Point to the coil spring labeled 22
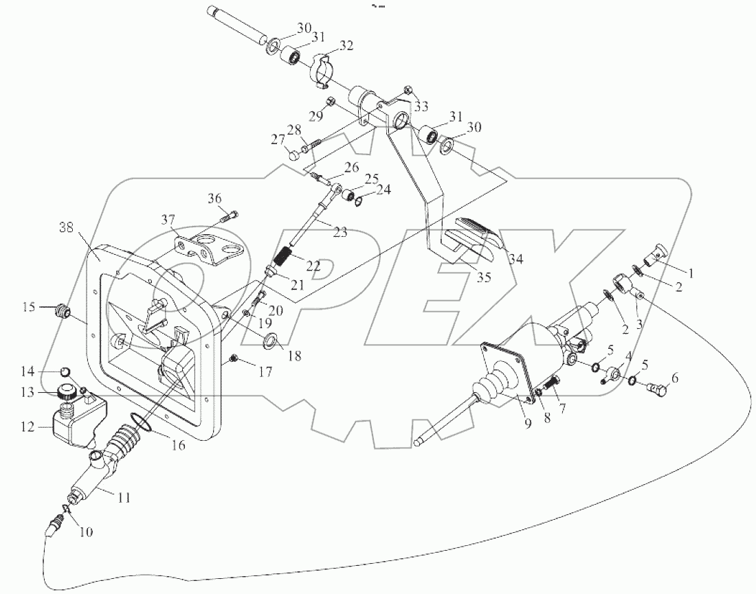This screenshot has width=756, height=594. tap(282, 262)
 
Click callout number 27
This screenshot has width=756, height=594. tap(277, 141)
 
